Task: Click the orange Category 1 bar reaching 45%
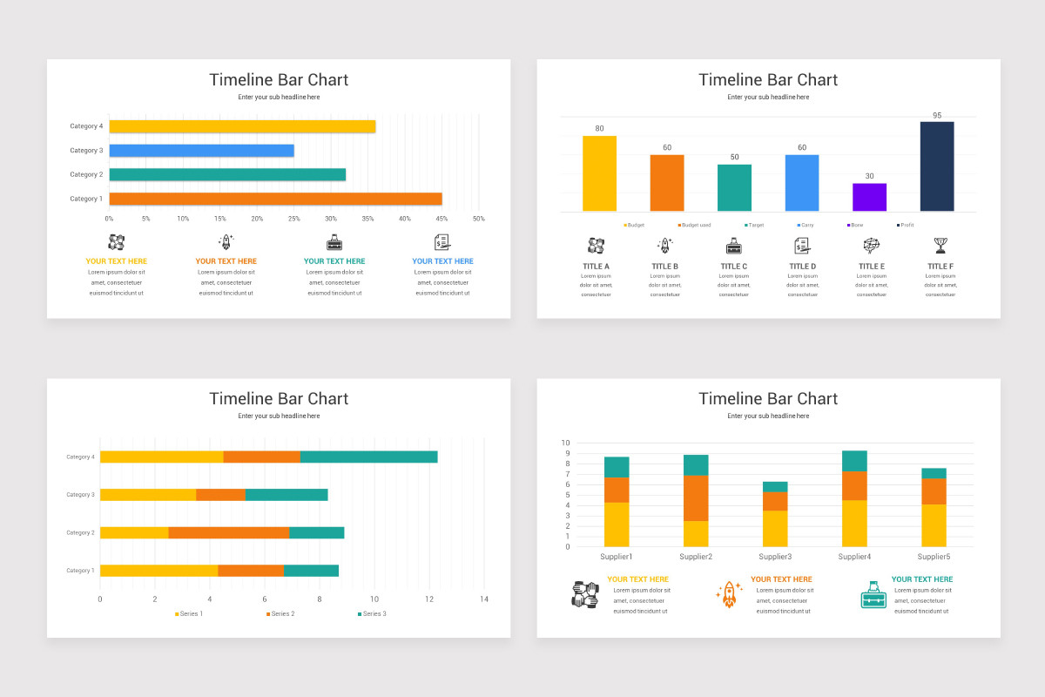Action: click(x=275, y=199)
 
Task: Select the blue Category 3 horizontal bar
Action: click(x=201, y=151)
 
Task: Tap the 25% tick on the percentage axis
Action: click(x=293, y=218)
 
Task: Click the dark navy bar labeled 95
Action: click(x=937, y=166)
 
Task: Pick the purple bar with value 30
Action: click(x=869, y=197)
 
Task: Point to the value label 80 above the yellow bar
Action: click(x=599, y=129)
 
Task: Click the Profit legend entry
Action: click(x=907, y=225)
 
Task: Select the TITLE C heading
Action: click(x=733, y=267)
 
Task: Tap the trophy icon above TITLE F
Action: click(x=940, y=245)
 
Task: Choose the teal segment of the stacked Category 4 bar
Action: click(x=368, y=457)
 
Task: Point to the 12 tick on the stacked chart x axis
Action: click(x=429, y=599)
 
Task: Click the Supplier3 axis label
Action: click(x=775, y=557)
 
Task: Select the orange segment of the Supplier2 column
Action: click(x=696, y=497)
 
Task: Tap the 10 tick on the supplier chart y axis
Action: click(x=565, y=443)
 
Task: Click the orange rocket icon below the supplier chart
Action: click(x=729, y=594)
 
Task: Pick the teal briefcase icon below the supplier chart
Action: click(x=873, y=594)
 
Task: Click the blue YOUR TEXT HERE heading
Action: click(x=442, y=261)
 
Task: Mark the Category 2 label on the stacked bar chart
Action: click(x=80, y=532)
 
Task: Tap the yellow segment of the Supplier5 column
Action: click(x=934, y=525)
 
